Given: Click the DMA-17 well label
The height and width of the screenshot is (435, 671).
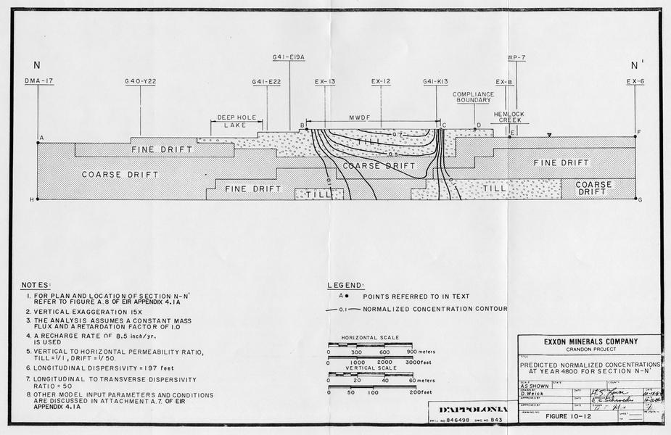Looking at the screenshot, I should click(39, 82).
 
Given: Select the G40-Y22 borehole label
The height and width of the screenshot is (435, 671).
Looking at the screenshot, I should click(140, 82).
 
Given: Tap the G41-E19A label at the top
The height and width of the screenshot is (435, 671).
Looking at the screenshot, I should click(289, 57).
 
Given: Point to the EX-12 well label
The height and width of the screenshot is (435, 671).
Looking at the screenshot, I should click(381, 82).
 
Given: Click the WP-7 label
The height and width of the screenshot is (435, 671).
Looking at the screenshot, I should click(516, 57).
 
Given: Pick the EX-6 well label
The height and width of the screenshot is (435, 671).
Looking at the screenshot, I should click(635, 82).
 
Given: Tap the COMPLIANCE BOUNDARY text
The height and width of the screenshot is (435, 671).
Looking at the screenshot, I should click(473, 98).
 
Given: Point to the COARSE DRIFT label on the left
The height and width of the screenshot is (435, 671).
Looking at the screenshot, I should click(110, 175).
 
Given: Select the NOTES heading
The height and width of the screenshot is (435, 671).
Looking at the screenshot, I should click(36, 285).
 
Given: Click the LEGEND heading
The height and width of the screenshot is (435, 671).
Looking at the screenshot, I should click(345, 285).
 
